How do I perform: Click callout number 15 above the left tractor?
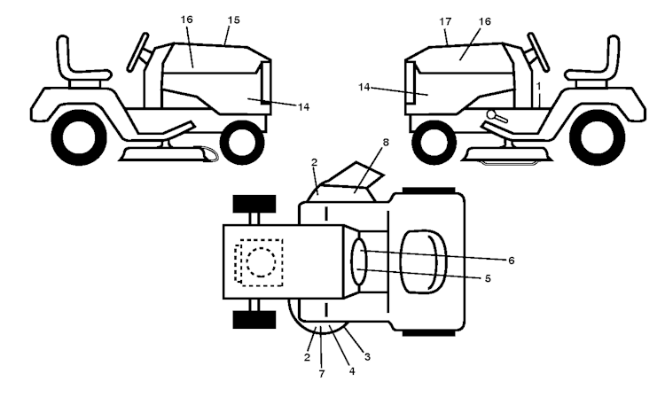[x=234, y=19]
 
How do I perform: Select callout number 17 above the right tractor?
[x=445, y=21]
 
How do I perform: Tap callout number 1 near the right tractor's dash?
[x=538, y=86]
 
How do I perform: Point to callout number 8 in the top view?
[x=386, y=143]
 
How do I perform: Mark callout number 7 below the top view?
[x=322, y=374]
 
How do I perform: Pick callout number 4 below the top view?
[x=352, y=371]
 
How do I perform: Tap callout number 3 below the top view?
[x=367, y=357]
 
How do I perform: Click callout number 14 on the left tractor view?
[x=303, y=106]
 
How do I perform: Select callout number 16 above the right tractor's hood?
[x=485, y=21]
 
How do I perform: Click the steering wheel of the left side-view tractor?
[x=137, y=51]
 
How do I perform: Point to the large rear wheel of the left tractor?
[x=79, y=137]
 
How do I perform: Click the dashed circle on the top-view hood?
[x=261, y=262]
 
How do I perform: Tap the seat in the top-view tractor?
[x=423, y=261]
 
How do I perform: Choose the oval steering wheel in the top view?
[x=358, y=261]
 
